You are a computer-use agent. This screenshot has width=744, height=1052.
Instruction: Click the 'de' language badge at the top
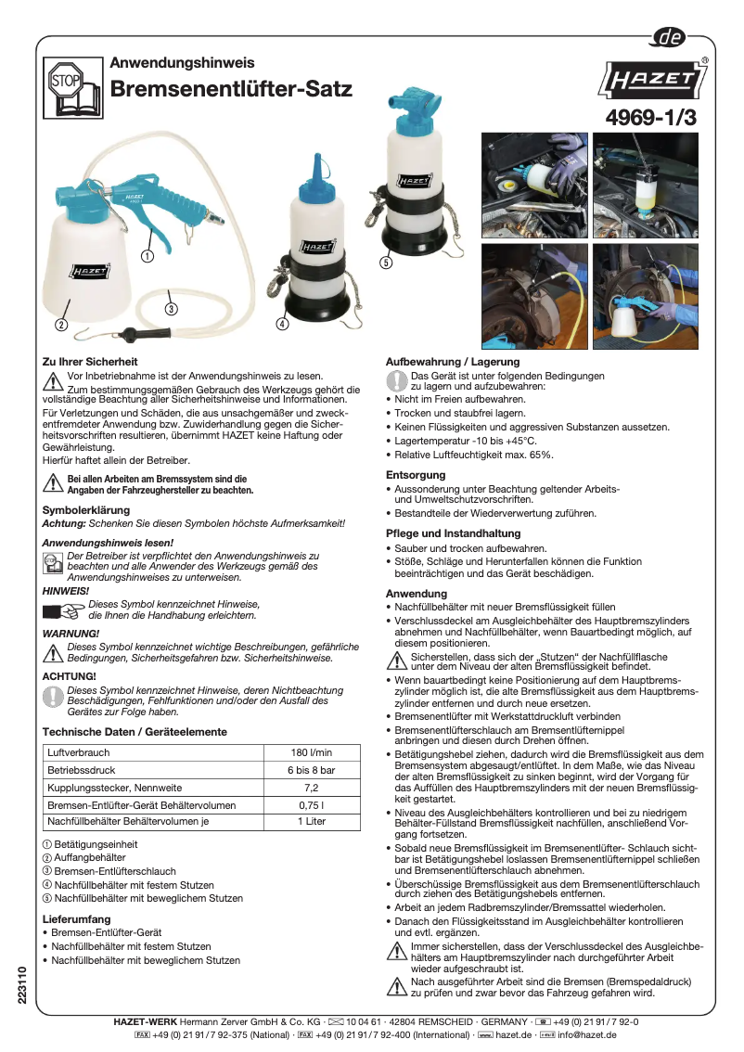(669, 37)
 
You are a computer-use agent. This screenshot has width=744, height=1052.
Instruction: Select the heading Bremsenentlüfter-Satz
(231, 90)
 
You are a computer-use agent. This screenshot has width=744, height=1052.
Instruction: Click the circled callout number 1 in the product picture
(147, 255)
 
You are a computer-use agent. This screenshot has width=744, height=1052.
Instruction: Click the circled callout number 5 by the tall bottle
(386, 263)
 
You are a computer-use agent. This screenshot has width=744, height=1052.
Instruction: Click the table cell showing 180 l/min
(311, 752)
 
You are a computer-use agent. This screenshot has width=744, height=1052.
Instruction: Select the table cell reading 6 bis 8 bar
(311, 770)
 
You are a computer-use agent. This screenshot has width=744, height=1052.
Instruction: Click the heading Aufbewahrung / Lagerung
(453, 362)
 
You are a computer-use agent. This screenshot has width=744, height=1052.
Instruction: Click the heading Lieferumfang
(77, 919)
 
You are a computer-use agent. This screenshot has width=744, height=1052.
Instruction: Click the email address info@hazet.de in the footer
(589, 1033)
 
